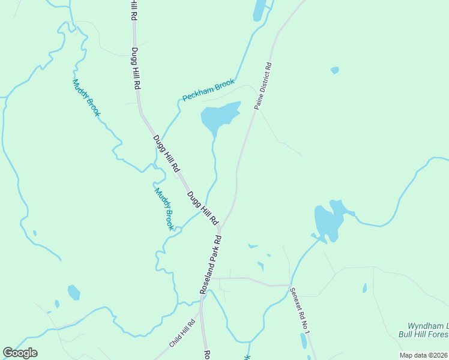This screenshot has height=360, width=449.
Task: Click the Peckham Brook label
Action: (x=208, y=90)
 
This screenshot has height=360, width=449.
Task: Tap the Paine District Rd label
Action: (x=263, y=86)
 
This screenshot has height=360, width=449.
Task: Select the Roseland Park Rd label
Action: (x=211, y=264)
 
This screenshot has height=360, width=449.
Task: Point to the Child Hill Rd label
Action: (x=182, y=333)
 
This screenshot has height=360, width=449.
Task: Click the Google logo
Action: (x=20, y=353)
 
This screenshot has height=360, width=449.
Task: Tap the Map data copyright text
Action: (x=423, y=355)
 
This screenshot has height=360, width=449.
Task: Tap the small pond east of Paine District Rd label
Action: (x=334, y=70)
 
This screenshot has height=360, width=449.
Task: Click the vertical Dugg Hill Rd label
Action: (x=136, y=68)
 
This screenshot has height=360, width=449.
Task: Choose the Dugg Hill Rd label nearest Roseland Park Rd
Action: (x=202, y=207)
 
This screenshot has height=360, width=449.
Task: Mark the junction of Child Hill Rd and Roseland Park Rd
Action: (x=202, y=312)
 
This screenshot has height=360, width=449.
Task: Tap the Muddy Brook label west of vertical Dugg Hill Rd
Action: (x=86, y=98)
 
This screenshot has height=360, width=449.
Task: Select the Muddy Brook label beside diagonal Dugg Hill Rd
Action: (x=164, y=209)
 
